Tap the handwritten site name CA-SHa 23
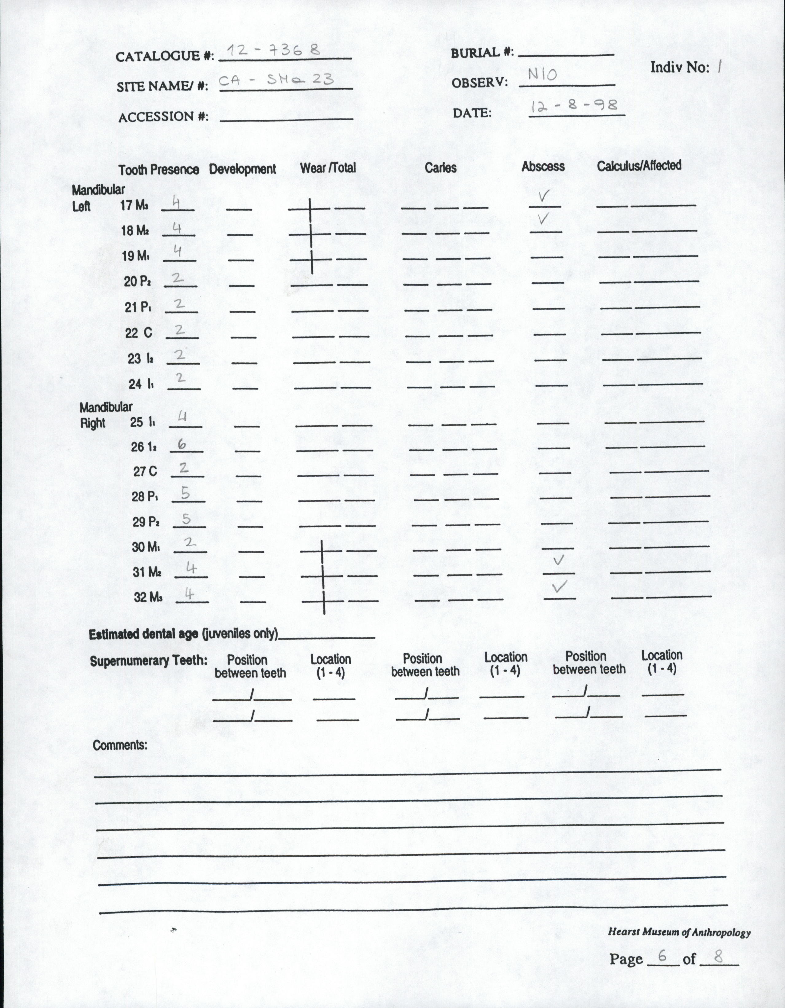tap(276, 80)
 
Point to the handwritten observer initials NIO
tap(543, 74)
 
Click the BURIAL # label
tap(482, 53)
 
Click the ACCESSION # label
tap(163, 117)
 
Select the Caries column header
tap(441, 167)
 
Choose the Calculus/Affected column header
tap(639, 166)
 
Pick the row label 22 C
tap(139, 333)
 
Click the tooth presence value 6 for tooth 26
tap(182, 444)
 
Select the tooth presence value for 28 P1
tap(185, 494)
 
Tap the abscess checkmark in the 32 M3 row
tap(559, 587)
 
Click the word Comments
tap(120, 745)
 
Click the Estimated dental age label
tap(183, 634)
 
